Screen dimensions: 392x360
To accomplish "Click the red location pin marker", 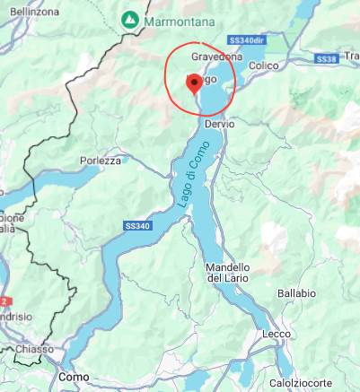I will [192, 83].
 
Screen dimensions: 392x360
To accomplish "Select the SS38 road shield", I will [325, 58].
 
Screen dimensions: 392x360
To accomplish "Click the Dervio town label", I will [219, 124].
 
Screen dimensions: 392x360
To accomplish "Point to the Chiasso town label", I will [34, 348].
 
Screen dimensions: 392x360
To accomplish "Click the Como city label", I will [74, 377].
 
